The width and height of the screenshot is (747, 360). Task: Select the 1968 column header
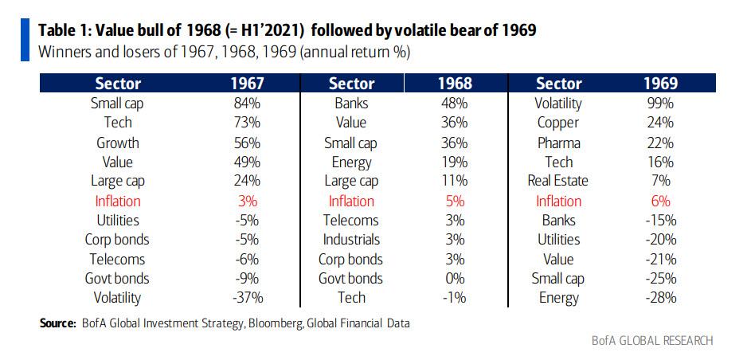pyautogui.click(x=455, y=84)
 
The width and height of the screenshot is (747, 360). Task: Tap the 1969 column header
pyautogui.click(x=661, y=84)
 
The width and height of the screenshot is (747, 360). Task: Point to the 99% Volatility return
pyautogui.click(x=661, y=104)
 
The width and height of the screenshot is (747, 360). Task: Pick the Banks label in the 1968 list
pyautogui.click(x=351, y=104)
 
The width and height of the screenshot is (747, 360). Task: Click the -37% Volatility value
pyautogui.click(x=248, y=298)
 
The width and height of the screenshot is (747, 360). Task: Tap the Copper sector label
pyautogui.click(x=558, y=123)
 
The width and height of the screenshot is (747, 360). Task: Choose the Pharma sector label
pyautogui.click(x=558, y=143)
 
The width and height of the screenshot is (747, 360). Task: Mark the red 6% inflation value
pyautogui.click(x=661, y=201)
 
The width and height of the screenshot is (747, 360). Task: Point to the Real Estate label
pyautogui.click(x=558, y=182)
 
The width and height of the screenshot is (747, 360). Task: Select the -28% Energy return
pyautogui.click(x=660, y=298)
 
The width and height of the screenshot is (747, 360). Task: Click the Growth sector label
pyautogui.click(x=118, y=143)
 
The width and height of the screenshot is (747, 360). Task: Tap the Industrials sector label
pyautogui.click(x=351, y=240)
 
